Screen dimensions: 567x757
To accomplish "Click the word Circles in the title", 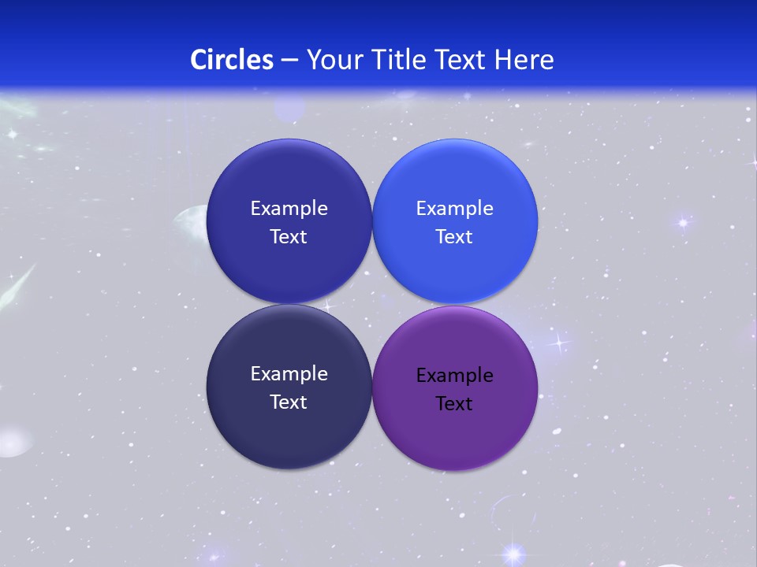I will (x=232, y=59).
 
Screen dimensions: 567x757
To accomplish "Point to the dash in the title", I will (x=289, y=60).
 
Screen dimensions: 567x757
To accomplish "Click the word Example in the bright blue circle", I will (x=455, y=208).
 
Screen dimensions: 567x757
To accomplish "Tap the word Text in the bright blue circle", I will (x=454, y=236).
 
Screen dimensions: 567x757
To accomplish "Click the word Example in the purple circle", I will (x=455, y=375).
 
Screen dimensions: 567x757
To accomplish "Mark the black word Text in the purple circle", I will (x=454, y=403).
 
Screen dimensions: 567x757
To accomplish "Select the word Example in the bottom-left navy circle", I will (x=289, y=373).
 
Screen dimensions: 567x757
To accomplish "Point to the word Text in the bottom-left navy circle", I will (x=289, y=402).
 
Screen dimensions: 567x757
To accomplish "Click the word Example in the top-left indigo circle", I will (x=289, y=208).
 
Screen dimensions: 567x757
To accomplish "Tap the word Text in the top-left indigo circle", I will (x=289, y=236).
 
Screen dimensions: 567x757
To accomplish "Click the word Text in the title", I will (x=461, y=59).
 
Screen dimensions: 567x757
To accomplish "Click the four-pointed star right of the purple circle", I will (x=559, y=343).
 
